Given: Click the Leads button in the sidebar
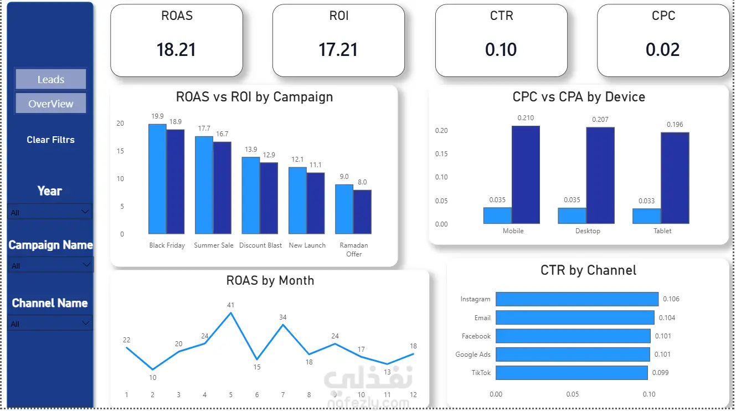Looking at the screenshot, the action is click(x=50, y=79).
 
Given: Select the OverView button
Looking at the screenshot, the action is click(x=50, y=104).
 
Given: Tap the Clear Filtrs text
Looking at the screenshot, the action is click(x=50, y=140).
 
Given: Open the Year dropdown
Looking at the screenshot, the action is click(x=50, y=212).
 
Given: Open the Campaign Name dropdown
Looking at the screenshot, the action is click(x=50, y=265).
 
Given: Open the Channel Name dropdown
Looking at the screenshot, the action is click(x=50, y=323).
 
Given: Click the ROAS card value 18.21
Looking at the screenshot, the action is click(x=176, y=50).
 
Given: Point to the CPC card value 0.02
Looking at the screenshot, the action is click(x=662, y=50).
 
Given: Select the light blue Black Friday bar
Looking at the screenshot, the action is click(x=157, y=179).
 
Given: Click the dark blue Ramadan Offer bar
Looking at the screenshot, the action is click(x=362, y=212).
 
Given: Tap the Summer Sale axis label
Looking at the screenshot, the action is click(x=214, y=245).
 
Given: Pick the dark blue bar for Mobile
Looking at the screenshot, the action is click(x=526, y=175).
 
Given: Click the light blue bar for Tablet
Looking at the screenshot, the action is click(x=647, y=216).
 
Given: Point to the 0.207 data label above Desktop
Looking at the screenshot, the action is click(x=600, y=120).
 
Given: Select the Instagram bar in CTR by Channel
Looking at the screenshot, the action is click(x=577, y=299).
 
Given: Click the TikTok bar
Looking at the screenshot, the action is click(x=572, y=373).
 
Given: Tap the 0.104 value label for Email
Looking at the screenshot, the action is click(x=667, y=318).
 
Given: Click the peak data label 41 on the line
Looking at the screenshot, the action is click(x=230, y=305).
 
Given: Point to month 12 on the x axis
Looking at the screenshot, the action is click(x=413, y=394).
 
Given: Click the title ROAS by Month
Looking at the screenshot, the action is click(x=270, y=281).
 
